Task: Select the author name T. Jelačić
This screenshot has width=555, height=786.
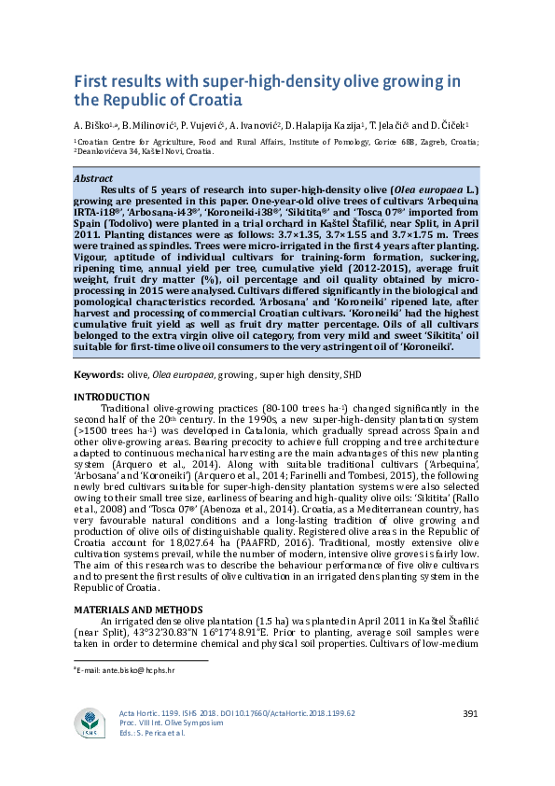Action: tap(380, 124)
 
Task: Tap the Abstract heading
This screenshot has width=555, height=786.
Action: tap(93, 178)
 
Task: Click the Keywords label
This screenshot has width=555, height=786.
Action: tap(98, 375)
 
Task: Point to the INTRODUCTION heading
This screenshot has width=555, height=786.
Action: tap(111, 398)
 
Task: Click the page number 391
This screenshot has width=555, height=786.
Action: tap(470, 714)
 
